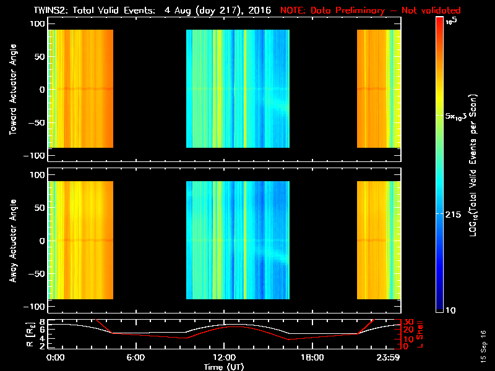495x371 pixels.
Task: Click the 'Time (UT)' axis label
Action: point(223,367)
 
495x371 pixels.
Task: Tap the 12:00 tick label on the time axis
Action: point(223,358)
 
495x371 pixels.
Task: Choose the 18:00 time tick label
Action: point(312,358)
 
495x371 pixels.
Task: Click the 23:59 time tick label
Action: point(389,358)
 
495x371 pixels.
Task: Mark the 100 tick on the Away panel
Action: point(36,175)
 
